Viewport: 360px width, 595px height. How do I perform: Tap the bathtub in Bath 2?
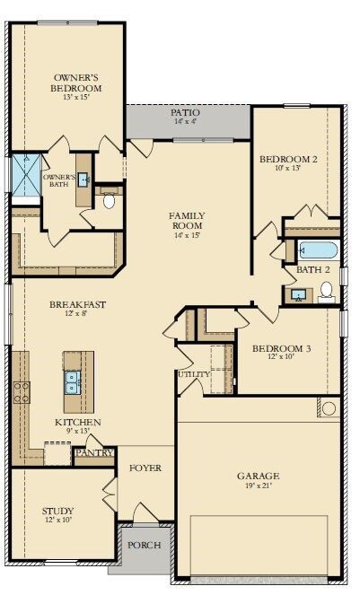(x=318, y=250)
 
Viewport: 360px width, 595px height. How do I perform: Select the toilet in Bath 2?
(x=326, y=293)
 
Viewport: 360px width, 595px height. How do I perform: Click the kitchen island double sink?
(x=72, y=382)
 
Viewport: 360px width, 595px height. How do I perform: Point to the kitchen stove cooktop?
(x=22, y=393)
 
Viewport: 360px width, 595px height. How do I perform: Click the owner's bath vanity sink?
(x=83, y=179)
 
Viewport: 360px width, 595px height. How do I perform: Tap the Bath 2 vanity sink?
(x=298, y=295)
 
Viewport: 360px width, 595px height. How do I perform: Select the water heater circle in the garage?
(x=329, y=408)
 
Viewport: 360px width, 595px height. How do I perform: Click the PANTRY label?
(x=94, y=452)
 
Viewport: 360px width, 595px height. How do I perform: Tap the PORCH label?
(x=144, y=546)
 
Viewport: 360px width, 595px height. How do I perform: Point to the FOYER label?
(x=145, y=468)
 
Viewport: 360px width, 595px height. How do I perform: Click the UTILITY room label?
(x=194, y=374)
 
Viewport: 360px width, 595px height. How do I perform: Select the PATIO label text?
(x=185, y=112)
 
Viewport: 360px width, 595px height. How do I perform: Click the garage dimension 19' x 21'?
(x=258, y=485)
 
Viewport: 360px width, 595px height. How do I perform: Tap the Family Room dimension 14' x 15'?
(x=188, y=235)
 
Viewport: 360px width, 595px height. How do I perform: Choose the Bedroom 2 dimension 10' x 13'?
(x=288, y=168)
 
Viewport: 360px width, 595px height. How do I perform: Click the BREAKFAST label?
(x=77, y=304)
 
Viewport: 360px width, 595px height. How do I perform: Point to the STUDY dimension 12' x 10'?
(x=58, y=520)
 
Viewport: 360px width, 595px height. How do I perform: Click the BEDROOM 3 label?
(x=281, y=348)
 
